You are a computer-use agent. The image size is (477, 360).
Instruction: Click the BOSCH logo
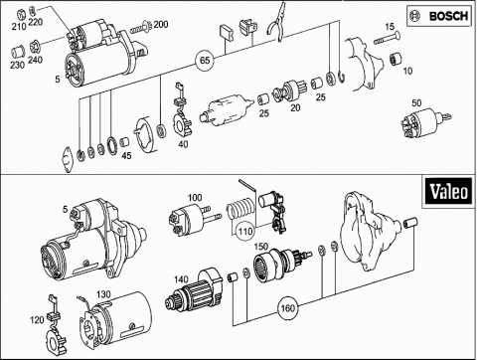click(439, 16)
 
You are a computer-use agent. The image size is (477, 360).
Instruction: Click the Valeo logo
click(447, 192)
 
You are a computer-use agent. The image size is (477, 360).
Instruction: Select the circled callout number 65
click(205, 61)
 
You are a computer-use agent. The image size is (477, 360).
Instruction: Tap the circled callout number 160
click(287, 308)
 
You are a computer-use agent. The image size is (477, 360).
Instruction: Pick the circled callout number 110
click(245, 231)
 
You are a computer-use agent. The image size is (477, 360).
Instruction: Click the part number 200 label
click(161, 24)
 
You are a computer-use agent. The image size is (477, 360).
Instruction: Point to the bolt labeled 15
click(387, 38)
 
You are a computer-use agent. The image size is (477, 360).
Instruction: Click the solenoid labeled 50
click(425, 121)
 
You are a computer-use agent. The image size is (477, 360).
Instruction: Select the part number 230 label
click(17, 65)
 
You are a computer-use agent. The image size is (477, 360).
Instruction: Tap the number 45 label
click(126, 155)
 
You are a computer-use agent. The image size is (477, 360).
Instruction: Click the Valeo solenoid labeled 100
click(194, 219)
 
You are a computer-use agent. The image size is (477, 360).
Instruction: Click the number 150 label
click(260, 247)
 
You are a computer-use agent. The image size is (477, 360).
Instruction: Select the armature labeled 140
click(194, 289)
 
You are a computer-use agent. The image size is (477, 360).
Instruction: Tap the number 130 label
click(103, 294)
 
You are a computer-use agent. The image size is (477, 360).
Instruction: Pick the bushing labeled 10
click(396, 59)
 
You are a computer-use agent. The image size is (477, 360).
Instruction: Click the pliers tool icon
click(276, 22)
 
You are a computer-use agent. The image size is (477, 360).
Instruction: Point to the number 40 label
click(183, 144)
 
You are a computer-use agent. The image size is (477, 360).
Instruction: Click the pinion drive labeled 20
click(289, 90)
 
